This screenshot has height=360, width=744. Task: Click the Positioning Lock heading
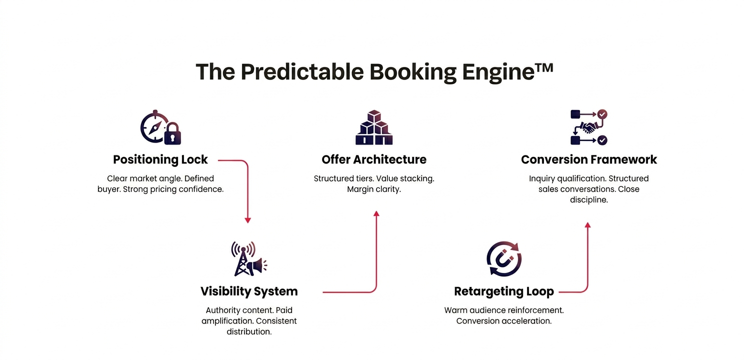[x=160, y=160]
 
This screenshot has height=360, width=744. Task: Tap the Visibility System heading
[x=249, y=291]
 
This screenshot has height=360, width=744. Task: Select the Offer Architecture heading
[x=374, y=160]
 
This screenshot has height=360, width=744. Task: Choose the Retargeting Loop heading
[x=504, y=291]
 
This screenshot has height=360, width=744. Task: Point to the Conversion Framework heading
[x=589, y=160]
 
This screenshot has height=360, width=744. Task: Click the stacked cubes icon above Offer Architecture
[x=374, y=128]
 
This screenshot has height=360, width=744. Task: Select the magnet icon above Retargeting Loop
[x=504, y=259]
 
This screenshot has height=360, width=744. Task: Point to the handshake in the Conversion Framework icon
[x=588, y=127]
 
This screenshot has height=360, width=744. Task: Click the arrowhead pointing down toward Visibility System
[x=247, y=220]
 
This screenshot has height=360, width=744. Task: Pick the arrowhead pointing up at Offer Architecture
[x=376, y=213]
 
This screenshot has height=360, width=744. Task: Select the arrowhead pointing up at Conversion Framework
[x=588, y=225]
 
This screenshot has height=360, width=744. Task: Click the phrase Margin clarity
[x=374, y=189]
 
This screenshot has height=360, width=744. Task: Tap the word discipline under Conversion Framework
[x=589, y=200]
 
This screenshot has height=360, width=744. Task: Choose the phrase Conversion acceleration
[x=504, y=321]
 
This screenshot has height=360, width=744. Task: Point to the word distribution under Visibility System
[x=249, y=331]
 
